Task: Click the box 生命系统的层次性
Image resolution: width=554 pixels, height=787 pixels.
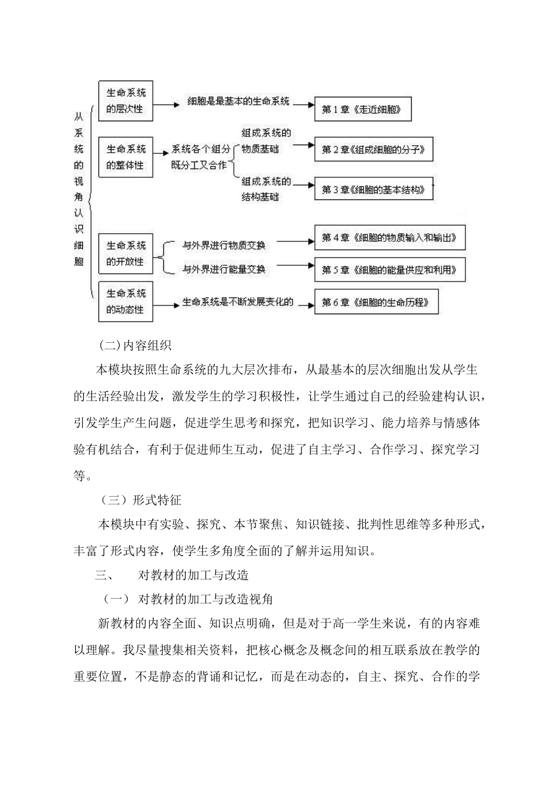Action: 125,100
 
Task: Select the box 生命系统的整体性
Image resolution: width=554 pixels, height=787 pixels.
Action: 125,157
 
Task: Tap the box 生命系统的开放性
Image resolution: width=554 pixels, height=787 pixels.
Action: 125,254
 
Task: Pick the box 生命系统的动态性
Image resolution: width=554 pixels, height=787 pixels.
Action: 125,301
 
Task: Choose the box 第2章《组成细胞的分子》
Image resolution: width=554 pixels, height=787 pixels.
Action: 376,150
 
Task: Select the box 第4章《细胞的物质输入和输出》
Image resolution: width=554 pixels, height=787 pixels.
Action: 390,238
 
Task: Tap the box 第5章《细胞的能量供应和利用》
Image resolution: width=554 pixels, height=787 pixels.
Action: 390,270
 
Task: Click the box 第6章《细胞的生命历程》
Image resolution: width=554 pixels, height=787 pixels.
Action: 376,302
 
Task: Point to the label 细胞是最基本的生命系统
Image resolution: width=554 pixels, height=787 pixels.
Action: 238,101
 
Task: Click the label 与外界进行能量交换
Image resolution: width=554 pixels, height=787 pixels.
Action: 224,269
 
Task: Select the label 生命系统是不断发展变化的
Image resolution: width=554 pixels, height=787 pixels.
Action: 237,302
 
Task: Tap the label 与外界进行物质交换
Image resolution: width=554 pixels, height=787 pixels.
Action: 224,245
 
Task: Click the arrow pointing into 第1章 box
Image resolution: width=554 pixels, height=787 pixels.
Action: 301,106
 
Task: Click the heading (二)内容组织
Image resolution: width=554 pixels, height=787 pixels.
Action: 135,345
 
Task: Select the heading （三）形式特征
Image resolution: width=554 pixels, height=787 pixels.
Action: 139,500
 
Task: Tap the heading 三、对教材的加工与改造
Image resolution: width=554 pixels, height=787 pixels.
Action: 172,575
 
